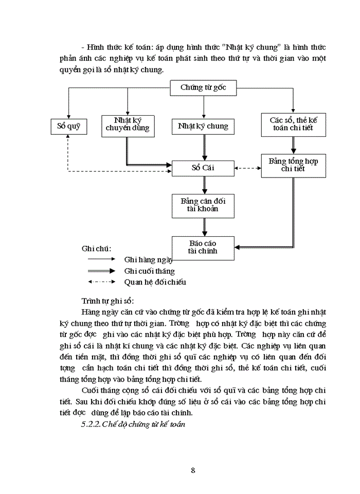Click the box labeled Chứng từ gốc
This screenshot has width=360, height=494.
203,88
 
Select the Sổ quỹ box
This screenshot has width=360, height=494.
68,126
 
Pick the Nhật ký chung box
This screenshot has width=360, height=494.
203,126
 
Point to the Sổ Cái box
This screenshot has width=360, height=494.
203,168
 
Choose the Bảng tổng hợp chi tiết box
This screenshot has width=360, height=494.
293,165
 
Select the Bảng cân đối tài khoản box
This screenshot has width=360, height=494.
203,205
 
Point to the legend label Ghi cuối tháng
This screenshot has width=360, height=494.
149,271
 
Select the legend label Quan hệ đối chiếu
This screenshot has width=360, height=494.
155,282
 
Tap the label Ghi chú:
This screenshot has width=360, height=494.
96,249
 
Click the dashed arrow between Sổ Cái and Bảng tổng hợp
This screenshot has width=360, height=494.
248,168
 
